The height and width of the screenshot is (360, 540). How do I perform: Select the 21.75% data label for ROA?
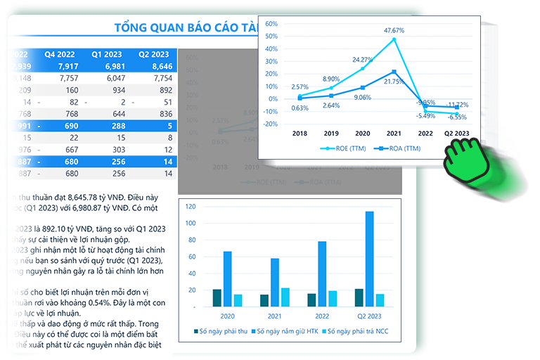coord(394,82)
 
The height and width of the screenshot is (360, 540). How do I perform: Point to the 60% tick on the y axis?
coord(271,23)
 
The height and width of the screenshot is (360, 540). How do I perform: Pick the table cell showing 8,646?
coord(157,66)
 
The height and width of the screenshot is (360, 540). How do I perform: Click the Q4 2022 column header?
coord(59,53)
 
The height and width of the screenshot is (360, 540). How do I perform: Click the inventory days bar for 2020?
coord(227,278)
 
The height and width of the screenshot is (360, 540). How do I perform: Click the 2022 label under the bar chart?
coord(321,316)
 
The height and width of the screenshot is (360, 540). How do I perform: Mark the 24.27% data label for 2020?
coord(363,59)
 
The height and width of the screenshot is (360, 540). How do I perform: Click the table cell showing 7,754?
coord(157,78)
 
